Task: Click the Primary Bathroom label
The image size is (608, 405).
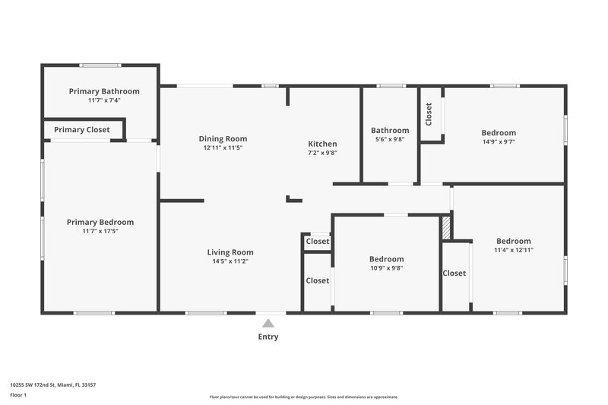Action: tap(104, 91)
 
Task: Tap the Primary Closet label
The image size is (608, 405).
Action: tap(82, 130)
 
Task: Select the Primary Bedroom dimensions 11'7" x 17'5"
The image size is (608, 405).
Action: tap(100, 231)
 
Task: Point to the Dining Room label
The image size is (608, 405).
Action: tap(223, 139)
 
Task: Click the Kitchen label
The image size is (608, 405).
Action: tap(322, 144)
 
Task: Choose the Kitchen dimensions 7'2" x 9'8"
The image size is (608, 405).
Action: tap(322, 153)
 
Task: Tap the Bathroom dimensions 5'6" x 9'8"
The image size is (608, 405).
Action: tap(390, 140)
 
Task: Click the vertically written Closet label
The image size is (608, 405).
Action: tap(429, 114)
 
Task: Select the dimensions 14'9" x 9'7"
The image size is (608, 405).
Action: tap(499, 141)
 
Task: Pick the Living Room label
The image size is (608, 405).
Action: tap(230, 252)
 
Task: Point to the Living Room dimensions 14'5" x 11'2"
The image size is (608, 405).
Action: tap(230, 261)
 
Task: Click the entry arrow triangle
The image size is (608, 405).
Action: tap(268, 323)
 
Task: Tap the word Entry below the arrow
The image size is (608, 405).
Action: tap(268, 337)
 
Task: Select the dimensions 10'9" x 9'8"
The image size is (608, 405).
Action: tap(386, 268)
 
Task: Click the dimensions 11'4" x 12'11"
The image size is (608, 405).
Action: tap(514, 250)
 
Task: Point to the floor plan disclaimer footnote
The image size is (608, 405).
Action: tap(304, 397)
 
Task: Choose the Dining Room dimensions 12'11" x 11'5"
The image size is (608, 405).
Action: tap(223, 148)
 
